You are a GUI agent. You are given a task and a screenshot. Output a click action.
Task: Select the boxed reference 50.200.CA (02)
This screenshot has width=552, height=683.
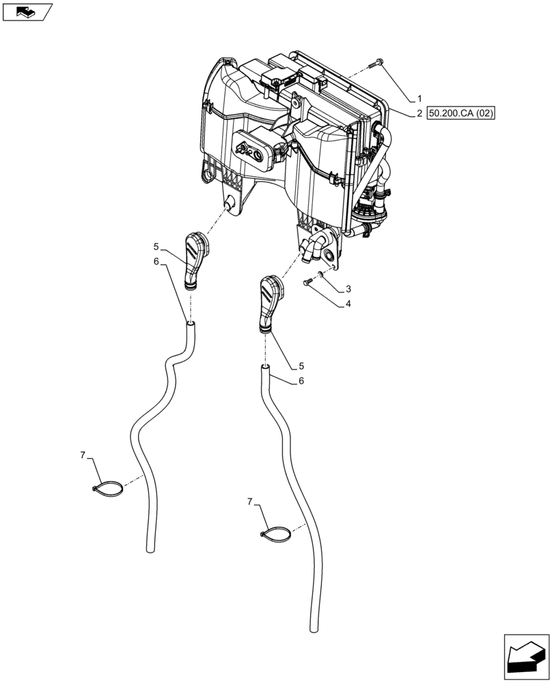460,113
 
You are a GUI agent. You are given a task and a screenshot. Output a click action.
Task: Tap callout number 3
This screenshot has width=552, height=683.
348,289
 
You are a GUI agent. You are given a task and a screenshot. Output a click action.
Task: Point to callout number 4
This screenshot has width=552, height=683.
348,304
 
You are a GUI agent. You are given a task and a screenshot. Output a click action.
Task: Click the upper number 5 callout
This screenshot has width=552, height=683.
156,247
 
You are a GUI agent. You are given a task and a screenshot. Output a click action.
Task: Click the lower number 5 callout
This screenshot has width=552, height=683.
301,365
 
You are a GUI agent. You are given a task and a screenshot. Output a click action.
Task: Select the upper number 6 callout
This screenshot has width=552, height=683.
156,262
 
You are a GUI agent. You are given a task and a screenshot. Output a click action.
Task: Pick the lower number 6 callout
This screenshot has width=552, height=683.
301,381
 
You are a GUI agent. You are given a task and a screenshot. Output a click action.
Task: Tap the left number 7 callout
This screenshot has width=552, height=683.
83,455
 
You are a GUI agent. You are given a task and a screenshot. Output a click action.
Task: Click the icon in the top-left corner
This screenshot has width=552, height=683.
27,11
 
